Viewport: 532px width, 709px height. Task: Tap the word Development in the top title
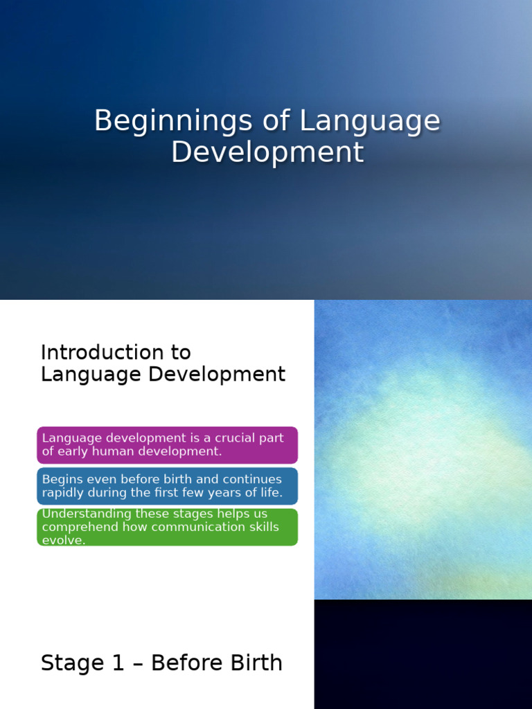coord(267,152)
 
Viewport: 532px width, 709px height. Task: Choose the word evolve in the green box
coord(63,540)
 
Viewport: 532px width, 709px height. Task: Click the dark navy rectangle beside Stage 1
coord(423,654)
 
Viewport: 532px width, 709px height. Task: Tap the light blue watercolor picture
coord(423,450)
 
